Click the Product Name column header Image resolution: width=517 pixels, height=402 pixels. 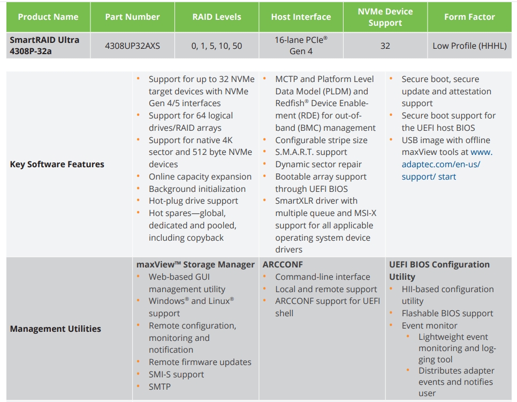pos(48,17)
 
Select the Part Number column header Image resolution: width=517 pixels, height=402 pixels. pos(132,17)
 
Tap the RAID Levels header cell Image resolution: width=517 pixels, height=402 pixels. pos(216,17)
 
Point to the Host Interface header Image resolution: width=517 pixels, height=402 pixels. pos(301,17)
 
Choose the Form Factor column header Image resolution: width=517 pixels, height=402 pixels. pos(469,17)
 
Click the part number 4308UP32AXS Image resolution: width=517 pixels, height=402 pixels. pos(132,46)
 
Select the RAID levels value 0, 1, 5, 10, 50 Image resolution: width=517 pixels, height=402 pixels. pos(216,46)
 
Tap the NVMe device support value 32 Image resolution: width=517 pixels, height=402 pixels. pos(385,46)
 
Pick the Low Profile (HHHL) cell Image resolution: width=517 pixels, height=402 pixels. pos(469,46)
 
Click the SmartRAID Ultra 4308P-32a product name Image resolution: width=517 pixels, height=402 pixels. pos(44,46)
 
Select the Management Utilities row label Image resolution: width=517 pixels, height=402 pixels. pos(55,329)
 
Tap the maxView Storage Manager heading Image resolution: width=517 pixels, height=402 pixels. pos(195,265)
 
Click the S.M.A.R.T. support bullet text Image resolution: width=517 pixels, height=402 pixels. pos(311,153)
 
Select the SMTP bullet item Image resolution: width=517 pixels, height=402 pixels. pos(160,386)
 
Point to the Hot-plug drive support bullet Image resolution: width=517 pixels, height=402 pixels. pos(193,201)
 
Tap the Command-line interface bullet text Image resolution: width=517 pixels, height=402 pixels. pos(322,277)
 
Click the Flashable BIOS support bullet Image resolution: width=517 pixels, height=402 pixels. pos(447,314)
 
